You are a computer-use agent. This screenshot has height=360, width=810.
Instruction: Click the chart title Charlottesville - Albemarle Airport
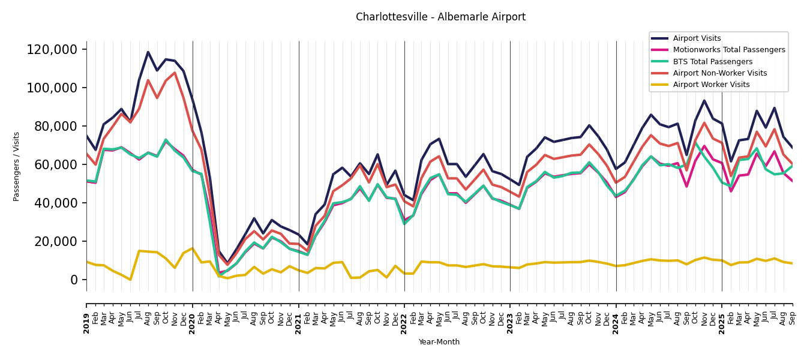[440, 17]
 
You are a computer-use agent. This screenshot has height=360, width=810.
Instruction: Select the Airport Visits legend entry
[696, 38]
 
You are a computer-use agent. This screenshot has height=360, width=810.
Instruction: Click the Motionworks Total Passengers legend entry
[728, 50]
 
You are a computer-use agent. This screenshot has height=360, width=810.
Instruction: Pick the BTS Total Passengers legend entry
[712, 62]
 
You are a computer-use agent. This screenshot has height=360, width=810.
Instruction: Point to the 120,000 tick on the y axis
[52, 49]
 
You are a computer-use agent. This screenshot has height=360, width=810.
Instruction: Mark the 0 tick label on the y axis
[74, 280]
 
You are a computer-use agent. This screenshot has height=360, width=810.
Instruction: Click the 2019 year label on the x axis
[86, 316]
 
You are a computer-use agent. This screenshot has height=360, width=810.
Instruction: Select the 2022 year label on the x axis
[404, 316]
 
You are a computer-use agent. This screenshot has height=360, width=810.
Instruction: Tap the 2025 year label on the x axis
[722, 316]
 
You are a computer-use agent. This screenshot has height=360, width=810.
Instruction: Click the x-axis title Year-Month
[439, 342]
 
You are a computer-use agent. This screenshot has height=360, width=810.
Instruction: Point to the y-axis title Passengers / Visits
[17, 166]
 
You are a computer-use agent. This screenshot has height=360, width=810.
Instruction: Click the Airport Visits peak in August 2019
[148, 52]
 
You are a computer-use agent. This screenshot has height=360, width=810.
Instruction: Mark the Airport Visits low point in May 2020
[227, 263]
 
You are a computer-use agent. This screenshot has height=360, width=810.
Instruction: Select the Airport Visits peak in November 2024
[704, 100]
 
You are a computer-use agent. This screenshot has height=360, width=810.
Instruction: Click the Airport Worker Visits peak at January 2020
[193, 248]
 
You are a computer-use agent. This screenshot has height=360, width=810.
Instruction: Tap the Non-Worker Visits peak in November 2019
[175, 73]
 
